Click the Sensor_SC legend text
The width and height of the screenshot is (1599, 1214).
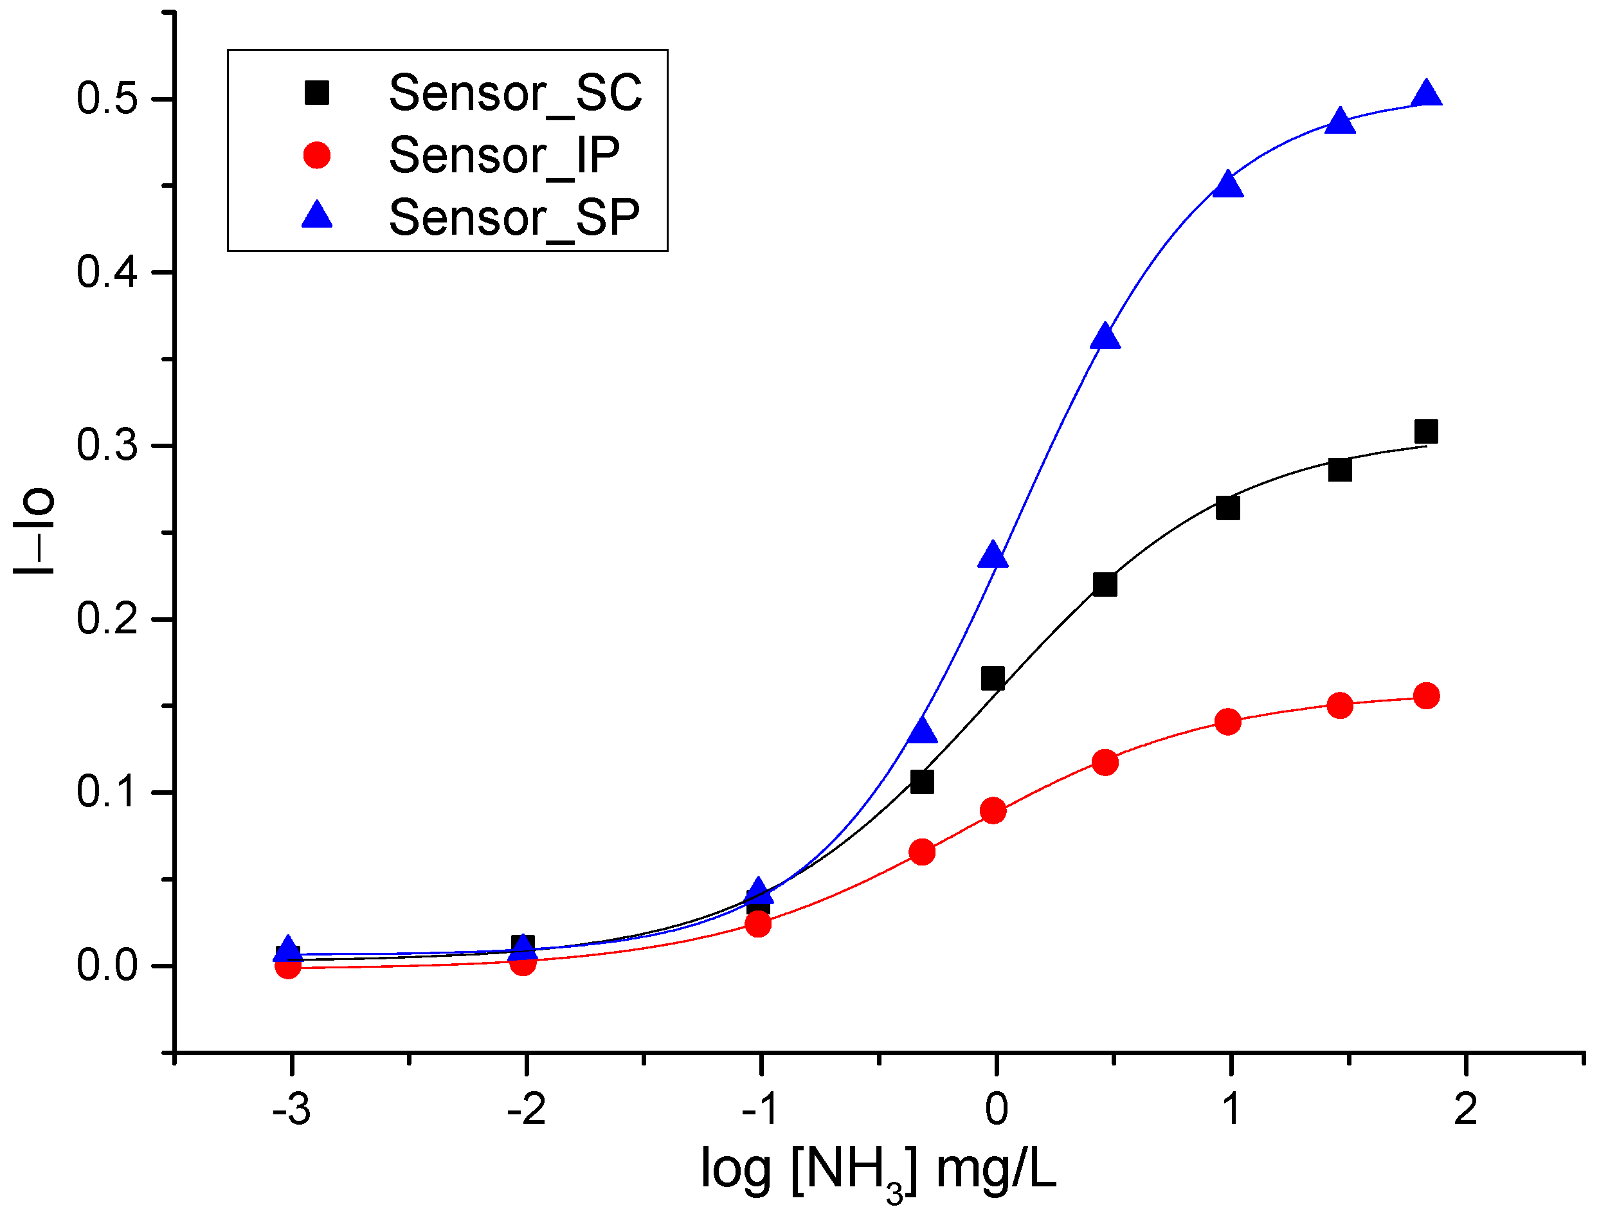(x=515, y=93)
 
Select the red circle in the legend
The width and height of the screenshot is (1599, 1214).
(x=316, y=155)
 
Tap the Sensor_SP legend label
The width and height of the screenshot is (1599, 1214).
(x=514, y=217)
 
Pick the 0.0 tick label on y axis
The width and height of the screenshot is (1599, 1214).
(x=107, y=965)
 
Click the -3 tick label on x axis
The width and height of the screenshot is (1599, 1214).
(x=291, y=1109)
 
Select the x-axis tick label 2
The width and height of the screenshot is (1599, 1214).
(x=1465, y=1109)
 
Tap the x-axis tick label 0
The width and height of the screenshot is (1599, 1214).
(x=996, y=1109)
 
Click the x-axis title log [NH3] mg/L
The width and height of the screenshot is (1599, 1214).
(x=878, y=1170)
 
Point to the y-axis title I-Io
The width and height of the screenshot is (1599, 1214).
(x=33, y=530)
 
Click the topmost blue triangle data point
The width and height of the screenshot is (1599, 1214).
(x=1426, y=94)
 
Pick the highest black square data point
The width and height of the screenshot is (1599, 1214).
(x=1426, y=431)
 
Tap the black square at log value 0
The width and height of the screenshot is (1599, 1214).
(x=993, y=678)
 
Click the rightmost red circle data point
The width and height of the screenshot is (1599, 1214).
(x=1426, y=696)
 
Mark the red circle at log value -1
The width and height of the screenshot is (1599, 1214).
(x=757, y=923)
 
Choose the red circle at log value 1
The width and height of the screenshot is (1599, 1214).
(x=1227, y=721)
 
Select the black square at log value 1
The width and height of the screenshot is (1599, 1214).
(x=1227, y=509)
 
